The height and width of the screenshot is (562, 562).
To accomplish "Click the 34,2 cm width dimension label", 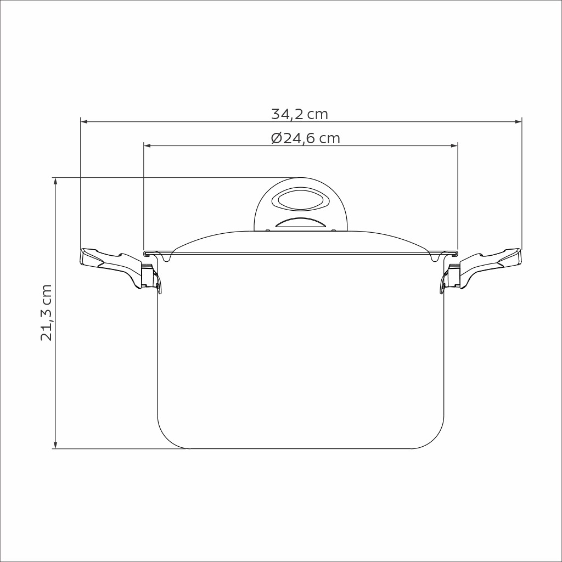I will click(x=300, y=114).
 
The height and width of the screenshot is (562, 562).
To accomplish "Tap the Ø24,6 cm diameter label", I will click(x=306, y=138).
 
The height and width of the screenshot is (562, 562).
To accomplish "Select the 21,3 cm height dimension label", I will click(x=47, y=312).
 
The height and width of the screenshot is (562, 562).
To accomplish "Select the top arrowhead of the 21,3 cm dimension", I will click(x=55, y=182).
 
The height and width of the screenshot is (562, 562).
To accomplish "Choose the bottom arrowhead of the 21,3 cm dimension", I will click(x=55, y=445).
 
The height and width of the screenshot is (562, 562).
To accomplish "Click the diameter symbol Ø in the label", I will click(x=277, y=138).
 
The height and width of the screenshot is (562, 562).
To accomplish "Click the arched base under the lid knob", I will click(x=300, y=223).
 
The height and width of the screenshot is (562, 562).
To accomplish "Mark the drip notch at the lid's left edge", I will click(x=167, y=256).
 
